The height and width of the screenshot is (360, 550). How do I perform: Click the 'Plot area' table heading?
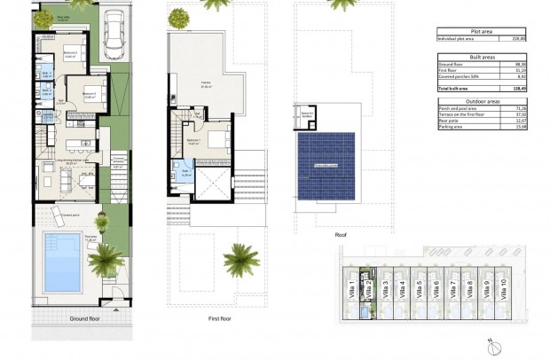(489, 30)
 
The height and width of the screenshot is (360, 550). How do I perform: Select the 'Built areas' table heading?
(489, 55)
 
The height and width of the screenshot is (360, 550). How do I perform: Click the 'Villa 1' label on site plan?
(353, 289)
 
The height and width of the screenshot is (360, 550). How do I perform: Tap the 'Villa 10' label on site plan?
(504, 289)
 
